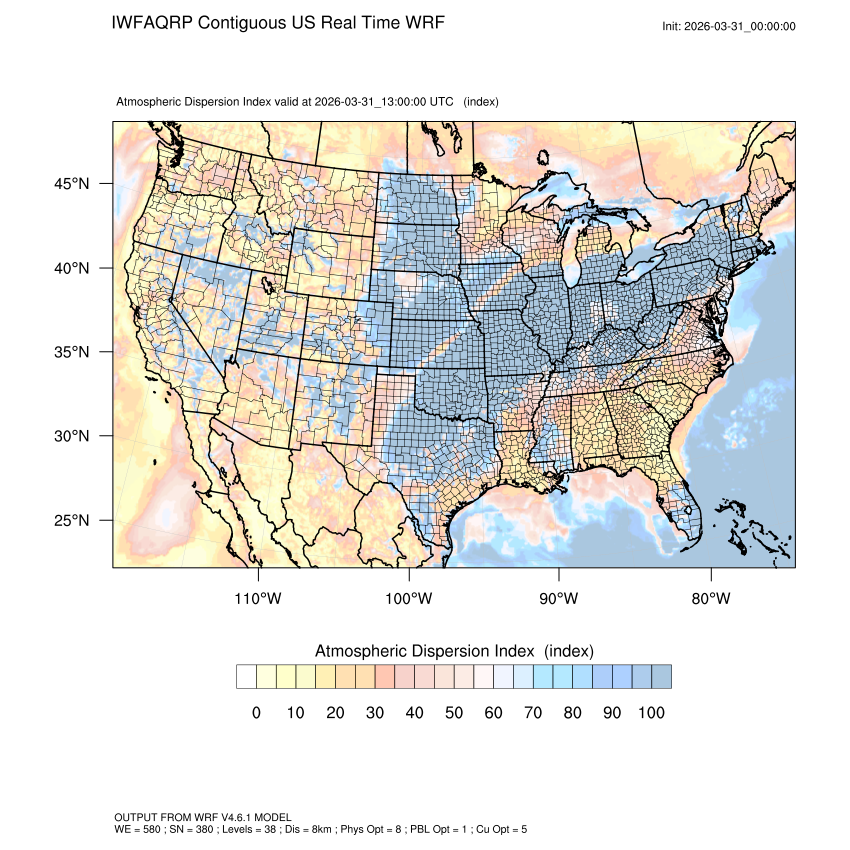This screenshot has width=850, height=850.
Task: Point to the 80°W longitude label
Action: point(711,599)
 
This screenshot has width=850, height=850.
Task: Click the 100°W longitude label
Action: point(409,599)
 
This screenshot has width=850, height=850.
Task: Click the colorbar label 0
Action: point(256,713)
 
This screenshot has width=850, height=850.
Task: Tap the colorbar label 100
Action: point(651,713)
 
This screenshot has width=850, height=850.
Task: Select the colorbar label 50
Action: point(454,713)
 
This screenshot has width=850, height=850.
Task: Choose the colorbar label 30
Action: point(375,713)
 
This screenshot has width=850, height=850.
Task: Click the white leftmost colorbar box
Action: point(246,677)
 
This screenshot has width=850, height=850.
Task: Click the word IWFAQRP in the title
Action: point(153,23)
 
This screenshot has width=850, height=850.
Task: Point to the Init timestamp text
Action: point(729,27)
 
